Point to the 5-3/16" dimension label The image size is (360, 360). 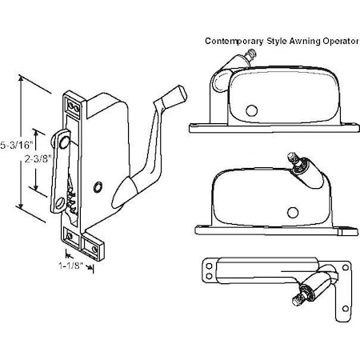tap(17, 145)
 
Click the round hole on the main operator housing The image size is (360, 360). tap(97, 186)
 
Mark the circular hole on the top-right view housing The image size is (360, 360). tap(253, 110)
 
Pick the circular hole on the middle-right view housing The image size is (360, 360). tap(293, 211)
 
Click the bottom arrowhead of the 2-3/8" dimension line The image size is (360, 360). tap(34, 190)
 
